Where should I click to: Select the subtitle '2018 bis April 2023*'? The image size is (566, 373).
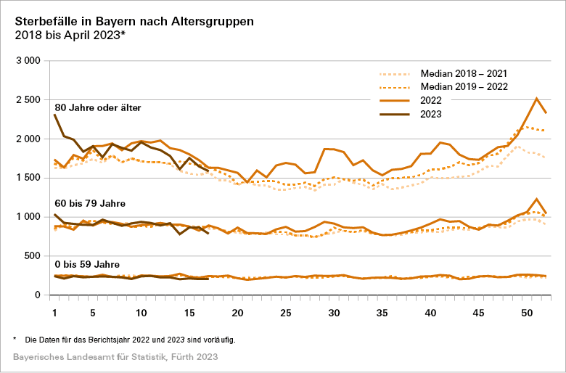point(69,34)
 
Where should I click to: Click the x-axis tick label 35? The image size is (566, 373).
point(382,313)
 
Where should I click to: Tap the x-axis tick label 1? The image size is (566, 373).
point(54,313)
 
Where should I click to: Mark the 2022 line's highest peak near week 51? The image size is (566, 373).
point(536,98)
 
